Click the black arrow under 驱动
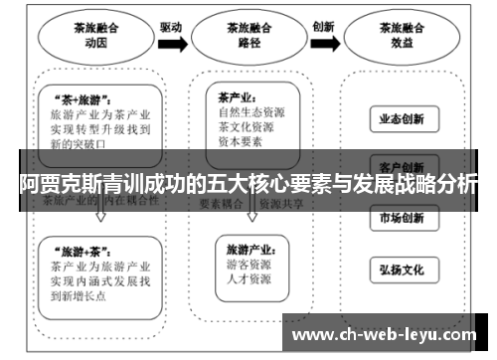[x=171, y=43]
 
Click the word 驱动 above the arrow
[x=171, y=26]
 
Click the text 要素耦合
[x=223, y=202]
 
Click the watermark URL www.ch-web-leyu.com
[x=387, y=334]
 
